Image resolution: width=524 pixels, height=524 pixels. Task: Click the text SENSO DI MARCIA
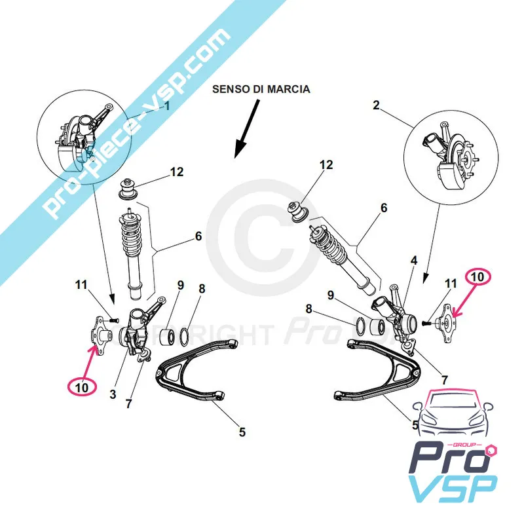point(261,89)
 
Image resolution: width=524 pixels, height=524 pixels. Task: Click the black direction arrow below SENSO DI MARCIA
point(247,128)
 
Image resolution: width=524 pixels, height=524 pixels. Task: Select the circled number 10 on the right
point(478,276)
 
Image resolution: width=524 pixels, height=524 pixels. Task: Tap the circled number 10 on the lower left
point(82,387)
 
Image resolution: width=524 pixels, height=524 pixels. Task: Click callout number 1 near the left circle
point(167,107)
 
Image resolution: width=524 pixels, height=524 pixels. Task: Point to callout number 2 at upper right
point(376,105)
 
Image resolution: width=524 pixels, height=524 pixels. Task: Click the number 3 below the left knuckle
point(113,394)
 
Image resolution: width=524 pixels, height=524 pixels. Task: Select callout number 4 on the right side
point(414,260)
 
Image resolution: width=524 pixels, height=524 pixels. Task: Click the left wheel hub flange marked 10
point(101,334)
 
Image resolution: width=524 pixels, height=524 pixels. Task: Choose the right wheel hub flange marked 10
point(447,323)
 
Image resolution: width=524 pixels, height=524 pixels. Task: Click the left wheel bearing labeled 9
point(167,336)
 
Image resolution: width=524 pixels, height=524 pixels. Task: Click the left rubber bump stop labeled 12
point(128,190)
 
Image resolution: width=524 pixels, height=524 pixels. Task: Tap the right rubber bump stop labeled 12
point(299,212)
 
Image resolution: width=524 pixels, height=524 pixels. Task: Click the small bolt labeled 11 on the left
point(114,320)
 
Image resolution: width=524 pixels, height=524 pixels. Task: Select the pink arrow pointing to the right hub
point(463,299)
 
